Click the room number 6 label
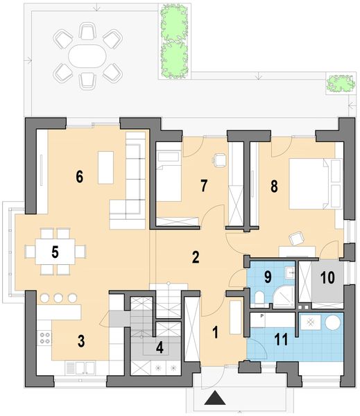point(80,177)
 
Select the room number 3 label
point(81,341)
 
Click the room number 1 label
point(215,332)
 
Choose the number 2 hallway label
point(196,257)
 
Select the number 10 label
point(327,276)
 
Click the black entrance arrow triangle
point(216,399)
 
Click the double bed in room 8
point(312,183)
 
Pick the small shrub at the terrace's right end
point(340,84)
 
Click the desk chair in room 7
point(221,159)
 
